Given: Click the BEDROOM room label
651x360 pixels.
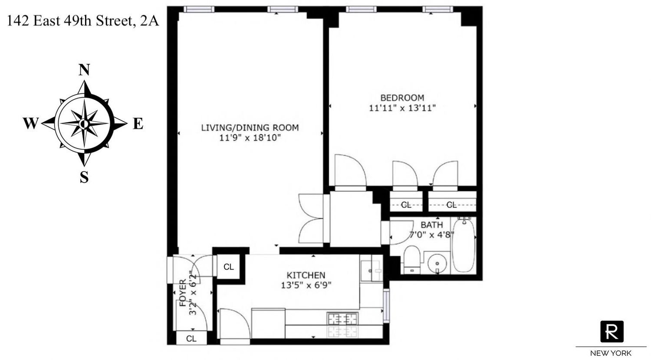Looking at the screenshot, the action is (x=402, y=98).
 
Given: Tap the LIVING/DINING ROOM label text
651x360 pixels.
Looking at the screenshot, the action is (x=250, y=128).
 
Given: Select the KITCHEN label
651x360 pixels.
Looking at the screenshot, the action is (x=306, y=275).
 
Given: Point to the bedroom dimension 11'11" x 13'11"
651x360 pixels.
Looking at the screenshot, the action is (x=402, y=108).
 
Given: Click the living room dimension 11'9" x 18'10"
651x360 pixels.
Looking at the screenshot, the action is (x=250, y=138).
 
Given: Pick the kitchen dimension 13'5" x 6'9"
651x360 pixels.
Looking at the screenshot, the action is (x=306, y=285).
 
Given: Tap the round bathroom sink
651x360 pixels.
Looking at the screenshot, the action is (x=437, y=264).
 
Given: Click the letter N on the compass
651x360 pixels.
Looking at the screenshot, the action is (x=84, y=70).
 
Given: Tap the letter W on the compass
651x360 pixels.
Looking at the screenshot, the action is (x=31, y=123).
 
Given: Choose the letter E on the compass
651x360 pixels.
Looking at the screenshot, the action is (x=138, y=123).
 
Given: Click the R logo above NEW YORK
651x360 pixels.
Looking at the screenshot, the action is (x=612, y=331).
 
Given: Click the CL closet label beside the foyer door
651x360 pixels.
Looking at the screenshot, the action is (x=228, y=267).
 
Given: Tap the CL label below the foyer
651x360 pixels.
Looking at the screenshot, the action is (x=191, y=338).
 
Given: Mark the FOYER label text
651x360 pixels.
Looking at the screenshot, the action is (x=183, y=293).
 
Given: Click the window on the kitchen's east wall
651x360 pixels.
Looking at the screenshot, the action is (x=386, y=305).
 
